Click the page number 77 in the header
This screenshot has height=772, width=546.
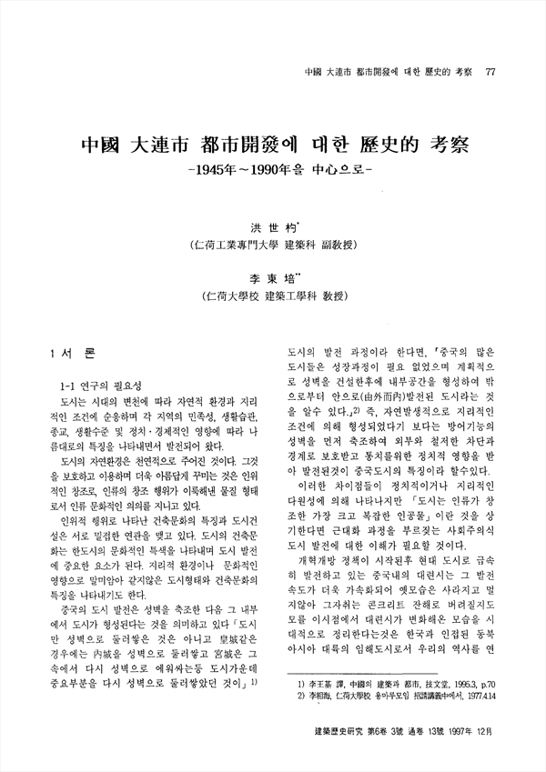pyautogui.click(x=491, y=74)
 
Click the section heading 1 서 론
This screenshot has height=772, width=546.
pyautogui.click(x=69, y=352)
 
